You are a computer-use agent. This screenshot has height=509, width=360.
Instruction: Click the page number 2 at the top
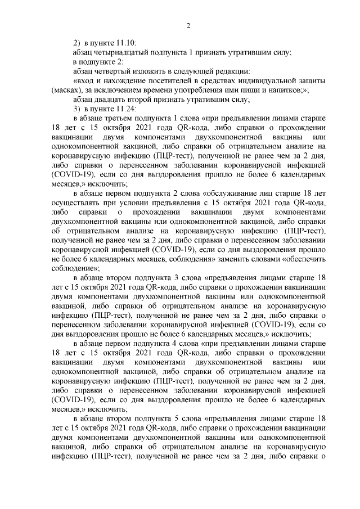pos(188,25)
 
